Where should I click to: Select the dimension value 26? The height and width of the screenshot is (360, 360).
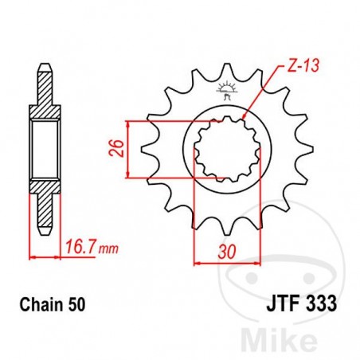118,149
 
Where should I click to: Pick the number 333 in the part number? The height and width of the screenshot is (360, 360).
319,303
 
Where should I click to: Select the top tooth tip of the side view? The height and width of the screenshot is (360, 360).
45,66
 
